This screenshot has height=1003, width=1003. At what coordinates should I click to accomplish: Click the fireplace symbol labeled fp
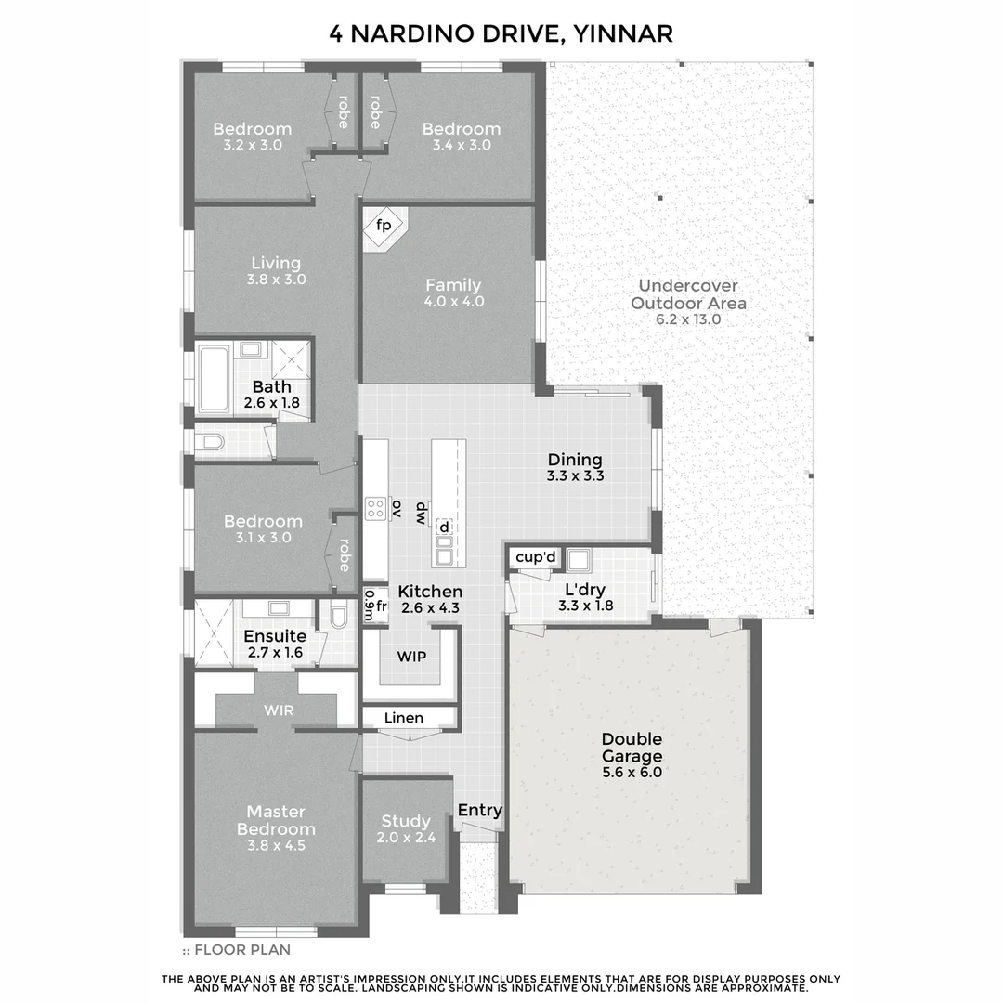point(383,226)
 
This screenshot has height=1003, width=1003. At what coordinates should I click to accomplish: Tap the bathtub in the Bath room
point(215,378)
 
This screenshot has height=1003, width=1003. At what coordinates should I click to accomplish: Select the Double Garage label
point(632,748)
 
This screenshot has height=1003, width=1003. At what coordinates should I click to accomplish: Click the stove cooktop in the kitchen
point(376,508)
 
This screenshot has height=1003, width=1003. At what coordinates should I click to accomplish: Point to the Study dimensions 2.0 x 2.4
point(406,837)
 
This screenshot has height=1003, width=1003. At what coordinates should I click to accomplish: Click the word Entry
point(480,810)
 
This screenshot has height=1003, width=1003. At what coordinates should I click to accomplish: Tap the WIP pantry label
point(411,657)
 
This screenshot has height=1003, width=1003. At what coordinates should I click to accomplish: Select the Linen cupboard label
point(404,718)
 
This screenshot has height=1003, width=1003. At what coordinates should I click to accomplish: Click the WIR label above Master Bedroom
point(278,710)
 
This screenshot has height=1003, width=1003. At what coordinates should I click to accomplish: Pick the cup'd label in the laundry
point(535,557)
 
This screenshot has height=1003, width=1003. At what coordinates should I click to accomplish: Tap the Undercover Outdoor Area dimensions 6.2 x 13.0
point(688,319)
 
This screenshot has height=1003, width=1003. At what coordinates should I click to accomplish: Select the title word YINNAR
point(625,33)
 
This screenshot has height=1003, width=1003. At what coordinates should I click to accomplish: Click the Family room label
point(453,285)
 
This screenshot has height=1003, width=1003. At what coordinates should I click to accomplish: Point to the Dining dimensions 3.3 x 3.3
point(575,476)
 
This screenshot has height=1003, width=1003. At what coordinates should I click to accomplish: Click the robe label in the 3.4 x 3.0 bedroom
point(375,112)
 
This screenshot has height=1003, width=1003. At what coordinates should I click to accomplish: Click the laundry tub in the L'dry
point(581,559)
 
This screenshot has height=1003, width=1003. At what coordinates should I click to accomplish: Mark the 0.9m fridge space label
point(369,606)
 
